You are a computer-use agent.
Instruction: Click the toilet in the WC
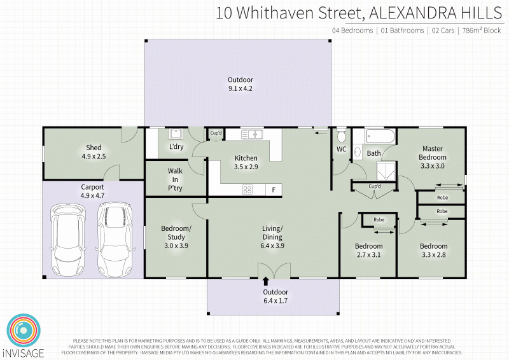tap(341, 135)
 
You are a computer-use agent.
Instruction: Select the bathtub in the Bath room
tap(380, 136)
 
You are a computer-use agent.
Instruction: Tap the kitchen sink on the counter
tap(253, 134)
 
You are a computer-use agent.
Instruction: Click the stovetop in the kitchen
tap(248, 189)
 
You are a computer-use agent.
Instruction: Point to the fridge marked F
tap(274, 190)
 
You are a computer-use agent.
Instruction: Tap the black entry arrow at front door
tap(265, 281)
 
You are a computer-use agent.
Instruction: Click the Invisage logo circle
tap(24, 331)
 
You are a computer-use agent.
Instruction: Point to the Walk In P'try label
tap(175, 179)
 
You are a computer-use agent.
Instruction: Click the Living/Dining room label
tap(272, 233)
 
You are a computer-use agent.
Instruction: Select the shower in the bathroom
tap(385, 170)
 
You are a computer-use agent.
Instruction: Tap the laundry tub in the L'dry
tap(176, 134)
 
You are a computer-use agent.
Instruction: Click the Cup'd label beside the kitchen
tap(216, 133)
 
